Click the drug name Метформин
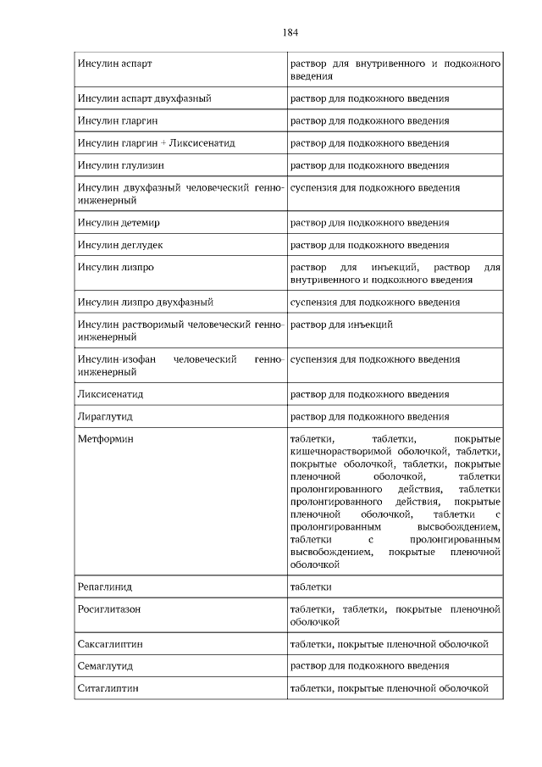coord(105,439)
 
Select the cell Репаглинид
coord(105,586)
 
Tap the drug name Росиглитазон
coord(108,609)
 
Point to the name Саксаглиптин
coord(110,644)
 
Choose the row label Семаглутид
coord(105,666)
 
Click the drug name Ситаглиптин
coord(108,688)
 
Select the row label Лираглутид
coord(105,416)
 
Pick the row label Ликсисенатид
coord(110,394)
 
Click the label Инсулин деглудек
coord(120,245)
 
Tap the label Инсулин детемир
coord(119,223)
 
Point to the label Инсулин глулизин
coord(120,165)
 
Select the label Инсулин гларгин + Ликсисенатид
coord(156,143)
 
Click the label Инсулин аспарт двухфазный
coord(144,98)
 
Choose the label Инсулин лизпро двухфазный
coord(145,302)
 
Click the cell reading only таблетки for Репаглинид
coord(310,586)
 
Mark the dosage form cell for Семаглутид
coord(369,666)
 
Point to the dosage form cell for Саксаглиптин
coord(389,644)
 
